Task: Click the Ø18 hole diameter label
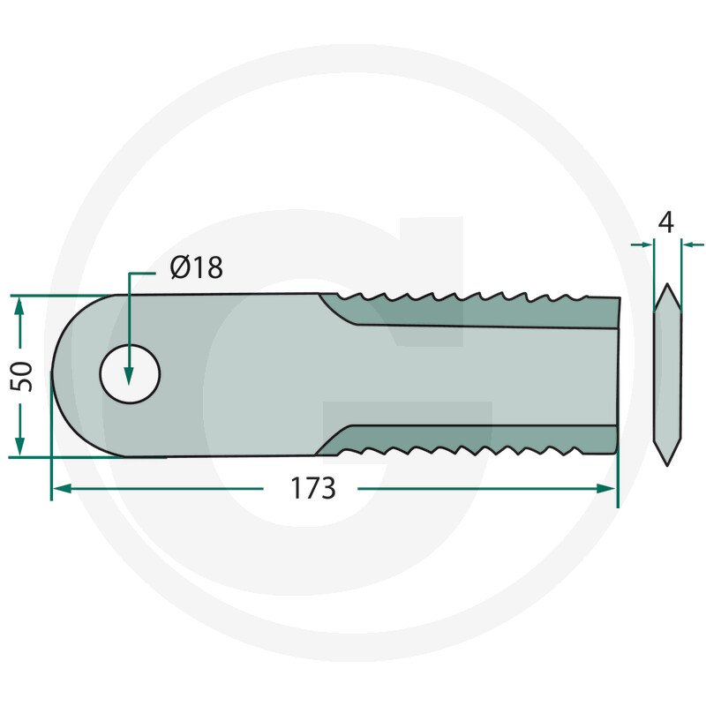click(x=196, y=267)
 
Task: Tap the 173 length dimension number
click(x=313, y=488)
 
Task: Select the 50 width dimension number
click(x=21, y=376)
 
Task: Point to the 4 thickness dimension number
click(x=666, y=222)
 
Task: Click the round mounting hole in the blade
click(x=130, y=374)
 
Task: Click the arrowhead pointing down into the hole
click(x=129, y=376)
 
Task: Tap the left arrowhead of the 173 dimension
click(x=62, y=489)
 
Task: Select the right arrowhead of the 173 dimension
click(x=605, y=489)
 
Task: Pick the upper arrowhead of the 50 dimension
click(x=19, y=306)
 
